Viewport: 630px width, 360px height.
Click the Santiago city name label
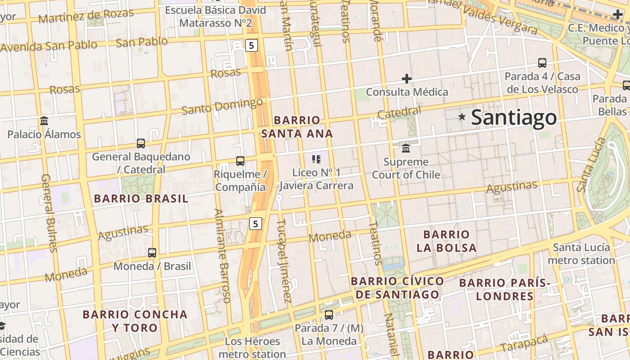[514, 118]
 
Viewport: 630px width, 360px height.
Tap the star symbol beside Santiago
[462, 117]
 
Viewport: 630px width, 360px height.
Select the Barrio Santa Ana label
[297, 127]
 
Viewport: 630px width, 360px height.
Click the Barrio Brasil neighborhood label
[140, 198]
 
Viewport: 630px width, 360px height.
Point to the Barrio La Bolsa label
[446, 241]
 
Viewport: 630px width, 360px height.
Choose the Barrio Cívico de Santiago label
[397, 288]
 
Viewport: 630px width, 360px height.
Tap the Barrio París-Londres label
[505, 289]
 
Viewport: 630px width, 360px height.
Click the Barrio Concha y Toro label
[135, 321]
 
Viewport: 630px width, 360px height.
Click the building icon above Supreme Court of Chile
[406, 148]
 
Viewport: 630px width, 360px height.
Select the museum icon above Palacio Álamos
[44, 121]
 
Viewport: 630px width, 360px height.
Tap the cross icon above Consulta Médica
[407, 79]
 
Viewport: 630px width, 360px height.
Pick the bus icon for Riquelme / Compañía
[240, 161]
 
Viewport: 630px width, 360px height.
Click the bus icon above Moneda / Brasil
[152, 253]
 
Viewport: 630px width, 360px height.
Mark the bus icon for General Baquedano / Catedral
[141, 144]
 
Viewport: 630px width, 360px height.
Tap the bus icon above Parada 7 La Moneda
[329, 315]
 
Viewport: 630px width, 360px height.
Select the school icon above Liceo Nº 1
[316, 159]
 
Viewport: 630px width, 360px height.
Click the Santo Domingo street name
[222, 107]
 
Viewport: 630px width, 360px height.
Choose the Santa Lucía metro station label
[581, 254]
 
